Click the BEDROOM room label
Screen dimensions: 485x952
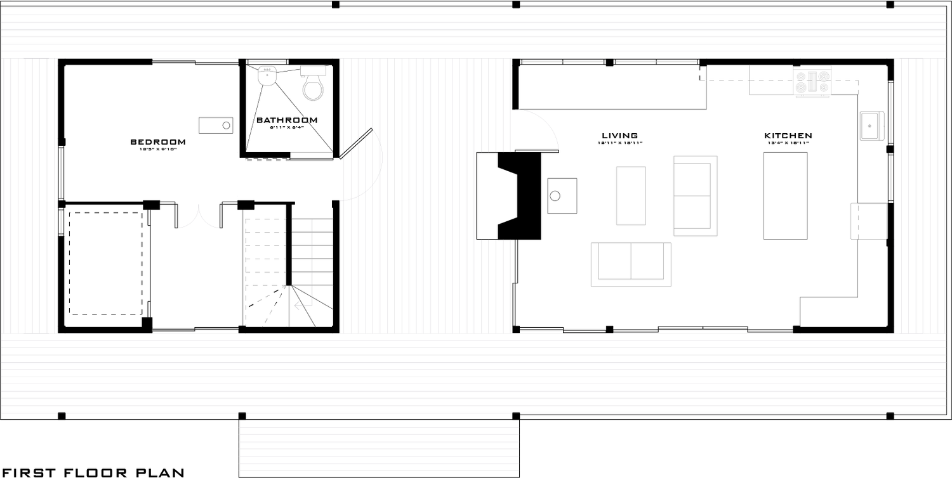[x=158, y=141]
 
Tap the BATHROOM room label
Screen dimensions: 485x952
[x=287, y=120]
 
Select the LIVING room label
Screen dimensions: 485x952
[x=619, y=136]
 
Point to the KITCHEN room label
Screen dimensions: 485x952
[x=788, y=136]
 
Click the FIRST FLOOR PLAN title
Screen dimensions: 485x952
[x=93, y=473]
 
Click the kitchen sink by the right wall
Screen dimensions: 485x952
[x=872, y=126]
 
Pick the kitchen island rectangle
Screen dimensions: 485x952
[x=785, y=195]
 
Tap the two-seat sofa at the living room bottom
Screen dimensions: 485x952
[x=631, y=263]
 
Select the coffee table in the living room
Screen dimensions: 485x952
[x=631, y=195]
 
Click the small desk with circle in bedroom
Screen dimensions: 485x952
[x=216, y=125]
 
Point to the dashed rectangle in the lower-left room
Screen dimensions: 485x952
[x=105, y=263]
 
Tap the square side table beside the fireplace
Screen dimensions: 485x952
[x=562, y=195]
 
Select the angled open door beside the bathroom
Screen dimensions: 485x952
[x=355, y=145]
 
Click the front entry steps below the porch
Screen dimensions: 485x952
[x=378, y=448]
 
